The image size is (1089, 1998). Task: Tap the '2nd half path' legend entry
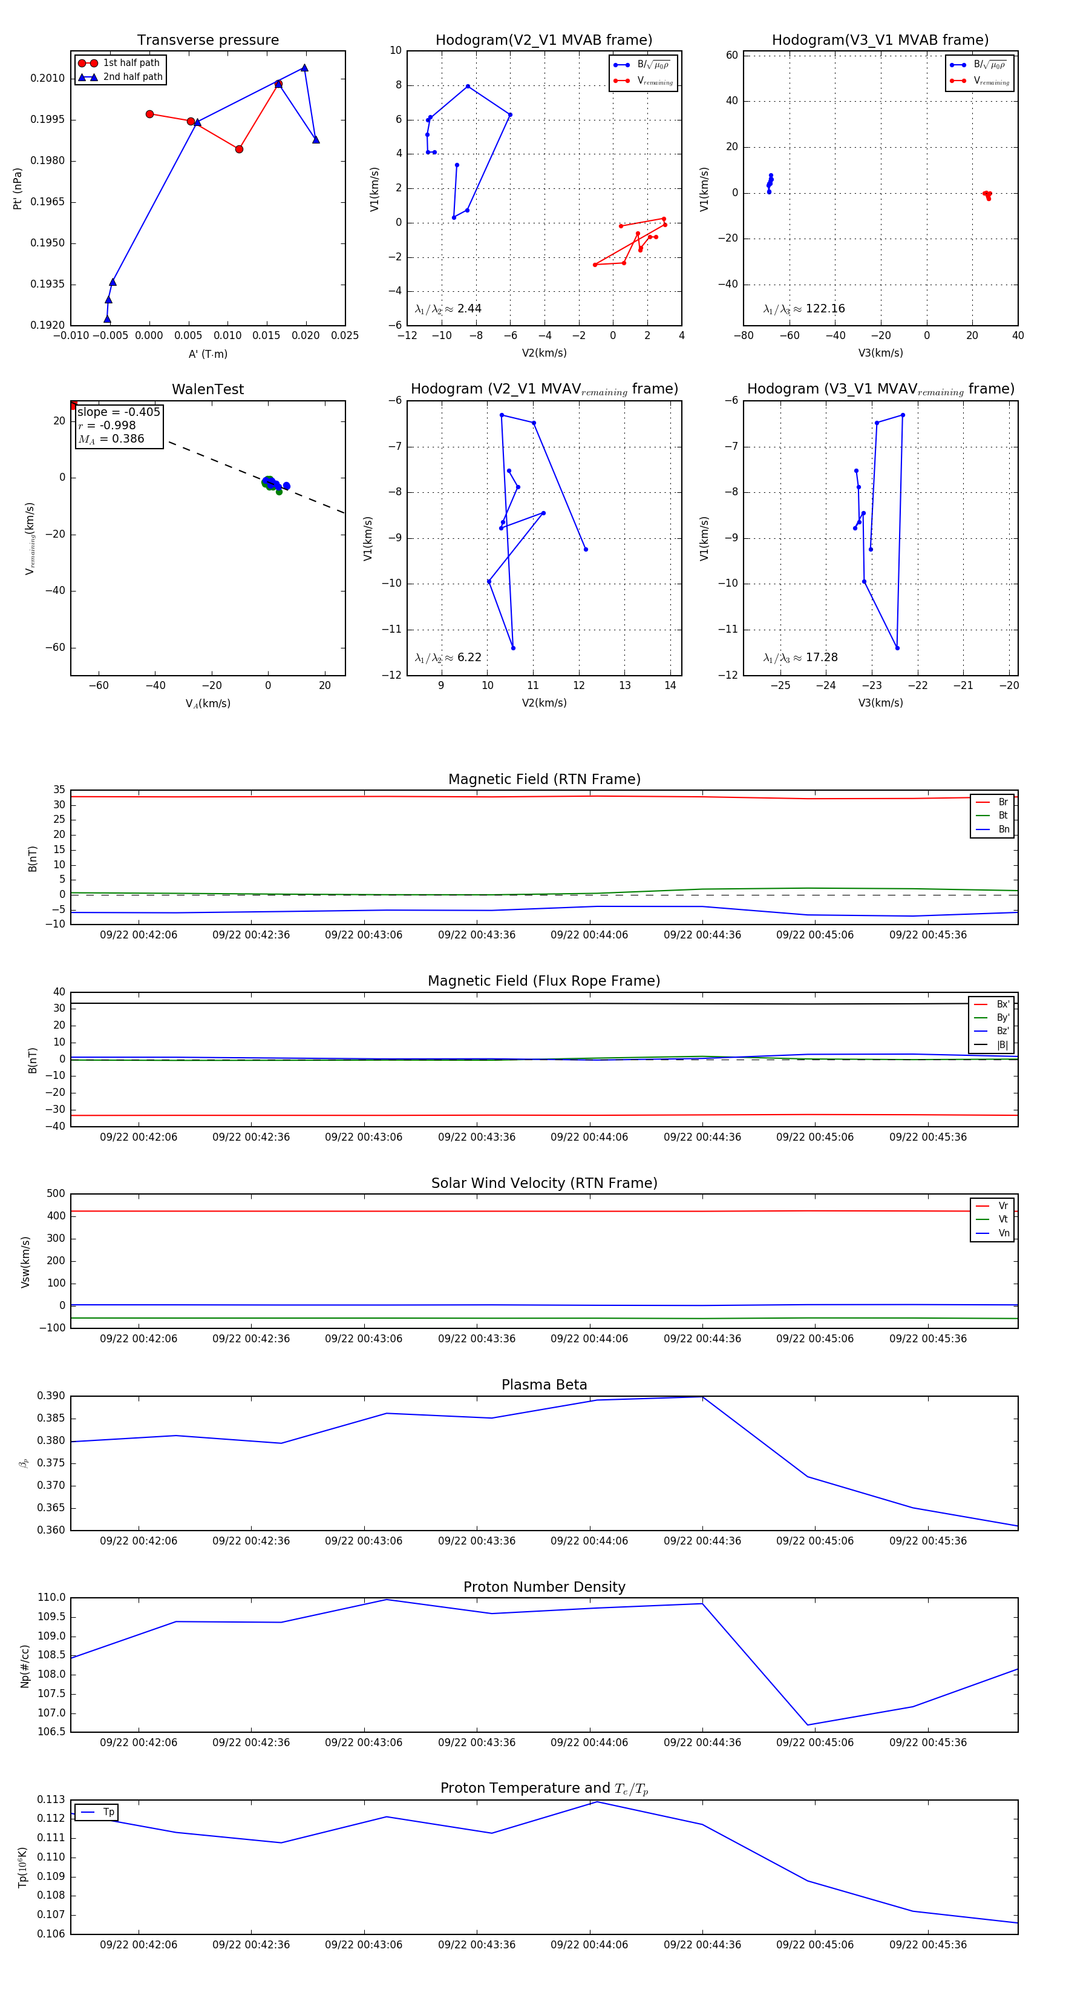132,77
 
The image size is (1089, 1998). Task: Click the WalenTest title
208,389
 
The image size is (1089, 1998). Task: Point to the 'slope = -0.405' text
119,412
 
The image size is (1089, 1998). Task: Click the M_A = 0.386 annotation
111,439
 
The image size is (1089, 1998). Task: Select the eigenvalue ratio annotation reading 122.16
804,309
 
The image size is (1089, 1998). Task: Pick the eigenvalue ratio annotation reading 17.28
800,658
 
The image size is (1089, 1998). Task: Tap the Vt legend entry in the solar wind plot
1003,1219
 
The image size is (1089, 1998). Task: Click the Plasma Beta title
544,1385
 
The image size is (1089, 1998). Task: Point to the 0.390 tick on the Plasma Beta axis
51,1396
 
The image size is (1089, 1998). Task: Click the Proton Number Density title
544,1587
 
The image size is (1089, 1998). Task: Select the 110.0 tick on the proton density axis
51,1598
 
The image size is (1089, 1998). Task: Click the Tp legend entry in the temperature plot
108,1812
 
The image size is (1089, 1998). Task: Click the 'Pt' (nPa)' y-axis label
17,188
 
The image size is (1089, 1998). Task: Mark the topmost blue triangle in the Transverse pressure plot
304,67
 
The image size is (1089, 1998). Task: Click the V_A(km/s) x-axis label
208,704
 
